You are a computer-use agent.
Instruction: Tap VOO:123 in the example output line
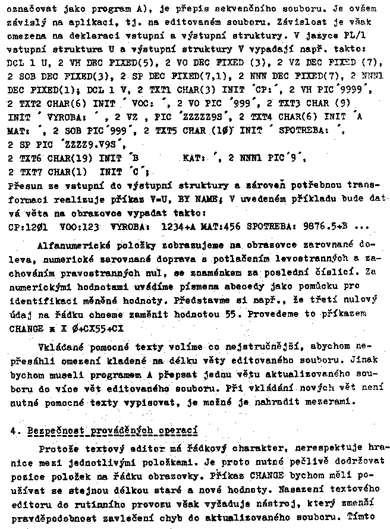[80, 226]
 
